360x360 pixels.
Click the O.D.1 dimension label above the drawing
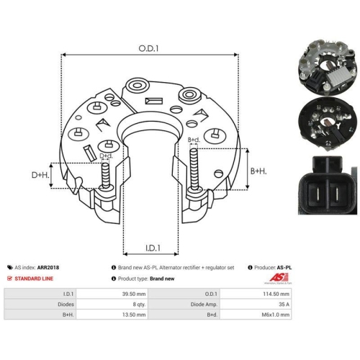[148, 48]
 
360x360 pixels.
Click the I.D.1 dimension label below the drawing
[153, 248]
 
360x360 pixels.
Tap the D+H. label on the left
[40, 175]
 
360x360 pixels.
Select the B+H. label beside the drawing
[258, 171]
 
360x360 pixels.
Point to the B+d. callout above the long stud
[194, 140]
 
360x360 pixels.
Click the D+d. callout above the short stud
[106, 156]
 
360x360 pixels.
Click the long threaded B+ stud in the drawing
[194, 169]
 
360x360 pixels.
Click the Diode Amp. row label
[204, 305]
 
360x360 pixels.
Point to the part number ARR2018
[48, 267]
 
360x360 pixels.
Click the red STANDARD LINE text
[34, 279]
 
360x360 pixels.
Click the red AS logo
[279, 278]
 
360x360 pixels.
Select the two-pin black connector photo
[328, 185]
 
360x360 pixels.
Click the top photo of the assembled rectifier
[328, 68]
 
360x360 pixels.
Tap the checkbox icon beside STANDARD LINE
[9, 279]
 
